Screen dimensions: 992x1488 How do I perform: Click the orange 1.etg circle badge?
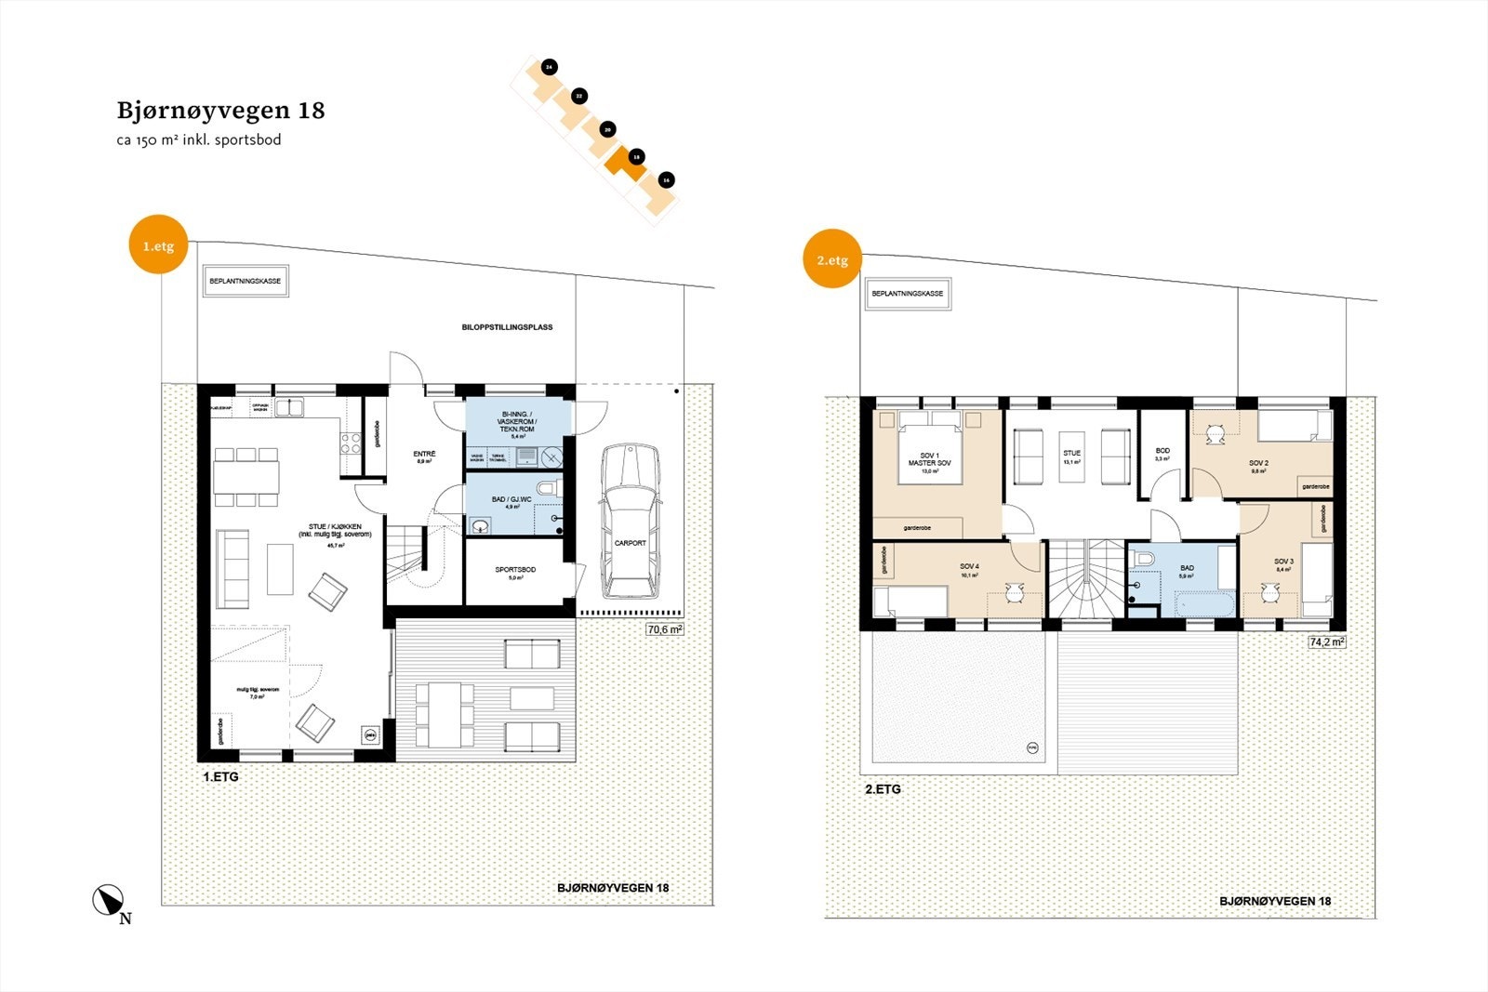[x=158, y=246]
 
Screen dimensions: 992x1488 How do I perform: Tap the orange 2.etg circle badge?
[x=831, y=259]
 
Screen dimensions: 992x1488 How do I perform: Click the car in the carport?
[x=631, y=521]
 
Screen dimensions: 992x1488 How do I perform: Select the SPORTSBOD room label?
[x=515, y=570]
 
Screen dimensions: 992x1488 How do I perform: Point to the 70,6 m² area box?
[x=664, y=629]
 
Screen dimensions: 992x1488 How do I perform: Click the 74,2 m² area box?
[x=1326, y=641]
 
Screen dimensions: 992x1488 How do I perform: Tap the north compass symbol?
[x=109, y=900]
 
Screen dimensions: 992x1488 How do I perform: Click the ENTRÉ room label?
[x=424, y=454]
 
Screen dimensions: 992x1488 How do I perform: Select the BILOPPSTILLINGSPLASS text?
[x=507, y=327]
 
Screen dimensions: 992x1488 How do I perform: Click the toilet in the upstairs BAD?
[x=1145, y=558]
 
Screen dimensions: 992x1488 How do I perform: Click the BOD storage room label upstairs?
[x=1162, y=451]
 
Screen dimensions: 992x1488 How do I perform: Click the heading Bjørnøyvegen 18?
[x=220, y=111]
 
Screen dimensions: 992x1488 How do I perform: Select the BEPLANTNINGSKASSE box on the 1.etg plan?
[x=246, y=281]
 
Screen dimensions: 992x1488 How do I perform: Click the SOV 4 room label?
[x=969, y=566]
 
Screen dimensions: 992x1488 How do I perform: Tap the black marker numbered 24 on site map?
[x=549, y=67]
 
